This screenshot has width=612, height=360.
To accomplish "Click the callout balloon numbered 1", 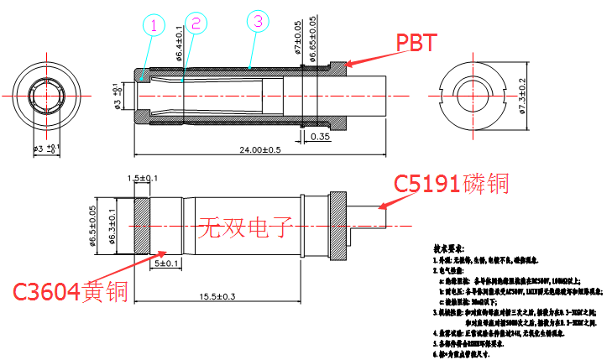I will (154, 26).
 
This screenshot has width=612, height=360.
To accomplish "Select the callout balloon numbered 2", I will (196, 23).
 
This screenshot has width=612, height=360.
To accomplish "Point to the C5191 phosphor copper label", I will (452, 183).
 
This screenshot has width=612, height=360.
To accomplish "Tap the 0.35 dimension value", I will (320, 136).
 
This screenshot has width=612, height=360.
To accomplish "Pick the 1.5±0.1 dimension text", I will (142, 179).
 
